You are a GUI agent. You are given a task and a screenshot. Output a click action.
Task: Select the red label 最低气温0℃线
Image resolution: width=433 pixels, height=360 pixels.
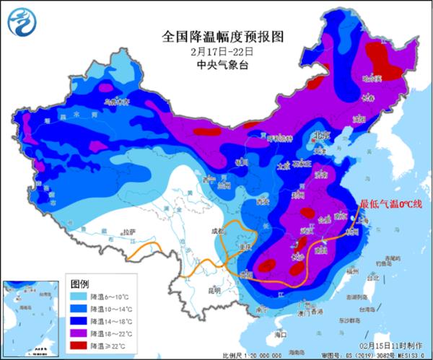click(390, 205)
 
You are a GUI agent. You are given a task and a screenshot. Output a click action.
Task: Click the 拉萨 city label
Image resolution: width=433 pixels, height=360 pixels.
click(128, 232)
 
